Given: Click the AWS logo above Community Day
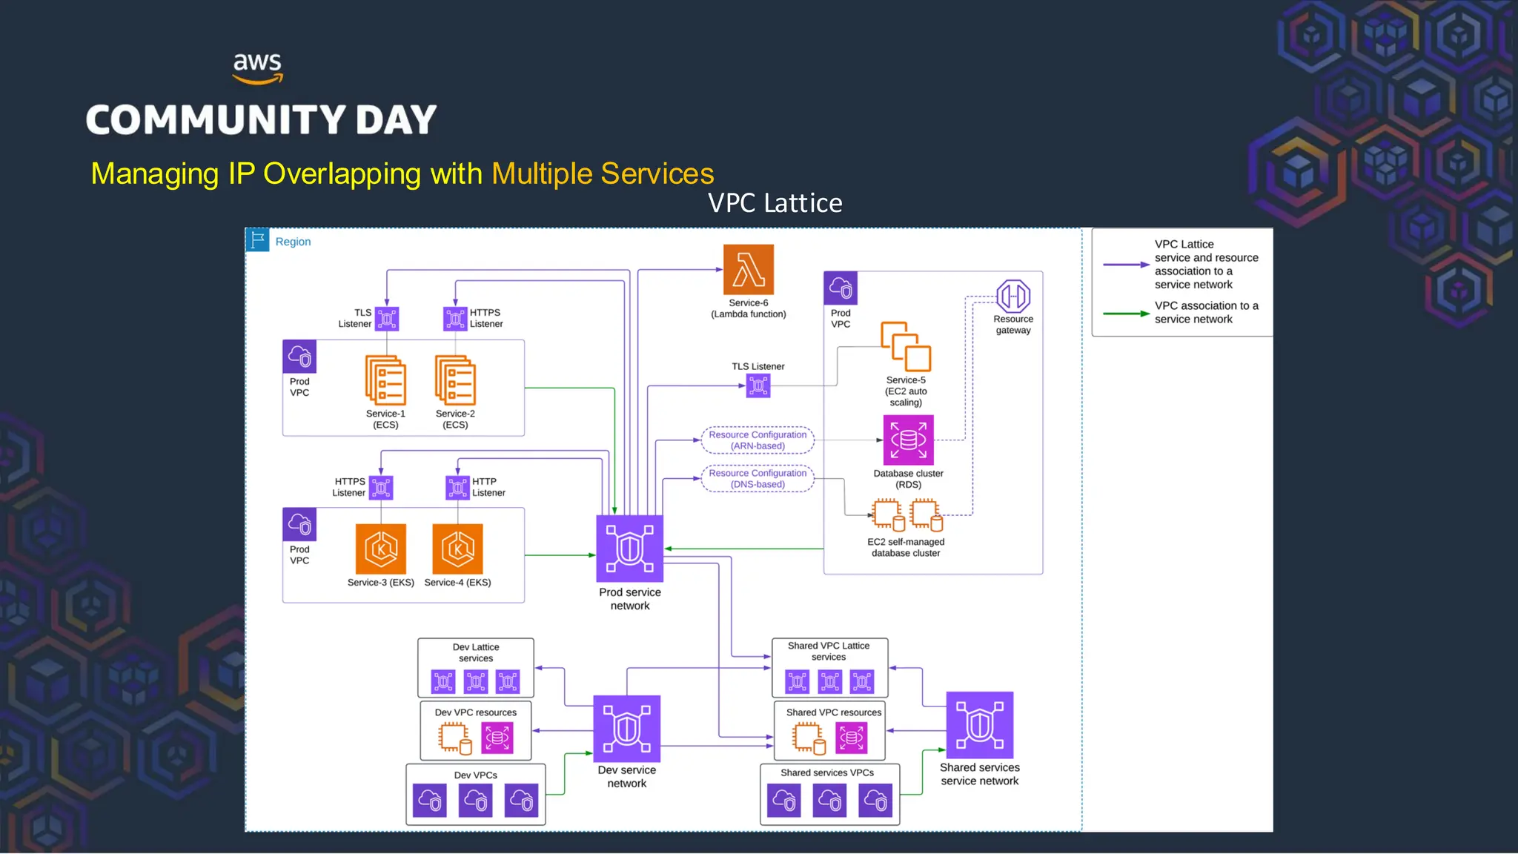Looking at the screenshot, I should click(257, 67).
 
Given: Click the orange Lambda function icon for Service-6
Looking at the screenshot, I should click(749, 270).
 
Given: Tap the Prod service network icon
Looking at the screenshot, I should click(629, 549).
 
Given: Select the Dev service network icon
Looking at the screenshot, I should click(627, 729).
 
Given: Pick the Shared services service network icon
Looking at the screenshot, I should click(979, 725).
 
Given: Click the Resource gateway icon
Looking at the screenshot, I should click(1013, 297).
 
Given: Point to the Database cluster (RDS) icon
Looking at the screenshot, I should click(908, 440).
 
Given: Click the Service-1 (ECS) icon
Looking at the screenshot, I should click(385, 381).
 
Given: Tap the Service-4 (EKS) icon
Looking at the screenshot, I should click(457, 549).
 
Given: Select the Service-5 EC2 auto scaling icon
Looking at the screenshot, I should click(906, 347).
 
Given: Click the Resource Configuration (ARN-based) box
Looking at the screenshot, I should click(758, 440).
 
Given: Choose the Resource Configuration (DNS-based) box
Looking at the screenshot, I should click(758, 479).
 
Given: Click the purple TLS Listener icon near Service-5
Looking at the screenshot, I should click(758, 385).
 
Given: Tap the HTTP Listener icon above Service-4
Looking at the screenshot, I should click(457, 488).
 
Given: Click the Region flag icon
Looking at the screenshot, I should click(257, 240).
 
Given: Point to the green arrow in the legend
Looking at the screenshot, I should click(1126, 314).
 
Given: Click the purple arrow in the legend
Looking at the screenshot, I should click(1126, 265).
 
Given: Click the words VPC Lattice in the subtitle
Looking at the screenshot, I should click(775, 203).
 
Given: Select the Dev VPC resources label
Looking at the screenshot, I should click(475, 712).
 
